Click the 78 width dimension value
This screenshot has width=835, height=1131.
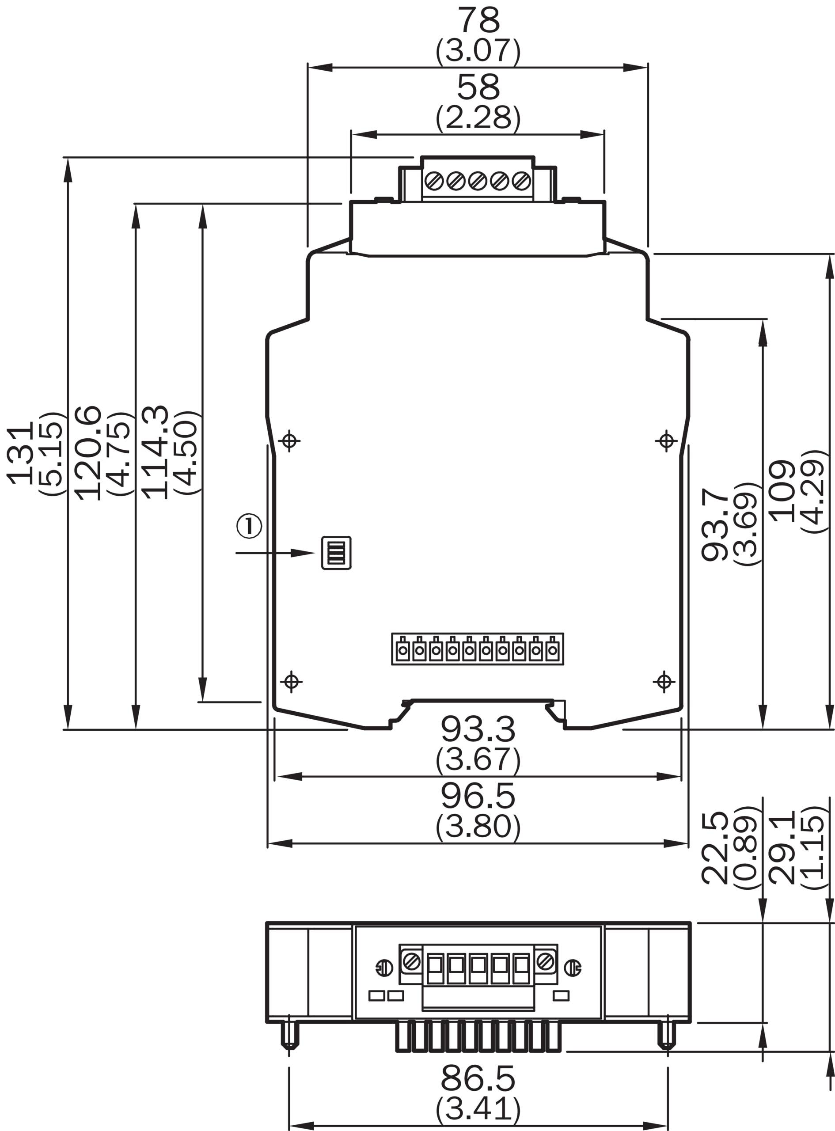(x=478, y=20)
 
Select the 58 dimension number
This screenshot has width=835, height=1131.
(x=478, y=87)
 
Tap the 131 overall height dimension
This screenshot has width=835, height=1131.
(x=20, y=453)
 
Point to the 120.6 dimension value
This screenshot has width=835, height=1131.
(x=89, y=453)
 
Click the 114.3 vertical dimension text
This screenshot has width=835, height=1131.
(x=155, y=452)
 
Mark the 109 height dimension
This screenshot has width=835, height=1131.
(x=782, y=491)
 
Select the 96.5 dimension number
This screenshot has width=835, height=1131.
(x=478, y=796)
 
